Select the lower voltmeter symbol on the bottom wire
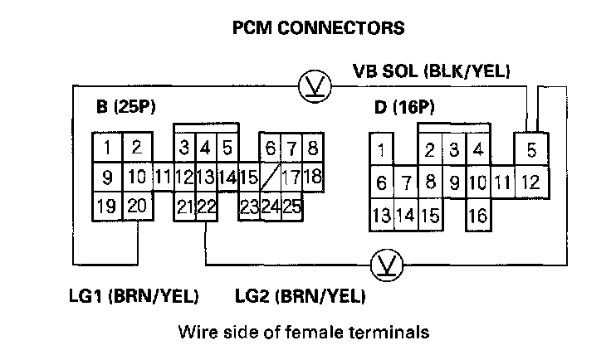(384, 264)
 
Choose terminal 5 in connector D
(531, 151)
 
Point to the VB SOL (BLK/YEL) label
(431, 73)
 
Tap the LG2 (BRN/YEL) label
(301, 295)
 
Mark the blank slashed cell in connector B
(271, 177)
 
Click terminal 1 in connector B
(108, 149)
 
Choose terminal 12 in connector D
(531, 180)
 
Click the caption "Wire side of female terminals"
(303, 333)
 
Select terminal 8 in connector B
(312, 149)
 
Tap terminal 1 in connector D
(381, 151)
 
